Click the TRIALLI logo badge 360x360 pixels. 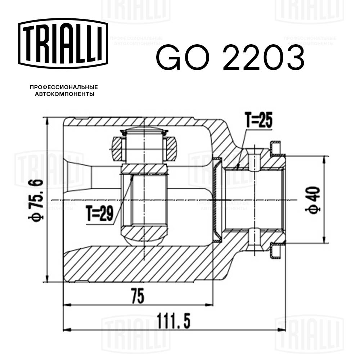[x=63, y=42]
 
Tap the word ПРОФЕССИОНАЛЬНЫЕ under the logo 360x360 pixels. [x=63, y=87]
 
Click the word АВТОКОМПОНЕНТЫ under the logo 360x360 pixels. [x=63, y=94]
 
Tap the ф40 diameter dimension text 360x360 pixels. [x=314, y=200]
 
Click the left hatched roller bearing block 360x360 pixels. [x=117, y=148]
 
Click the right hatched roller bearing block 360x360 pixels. [x=170, y=148]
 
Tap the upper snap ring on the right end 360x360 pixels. [x=276, y=148]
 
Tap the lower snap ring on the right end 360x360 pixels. [x=276, y=251]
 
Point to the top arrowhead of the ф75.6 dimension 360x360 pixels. [x=47, y=120]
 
